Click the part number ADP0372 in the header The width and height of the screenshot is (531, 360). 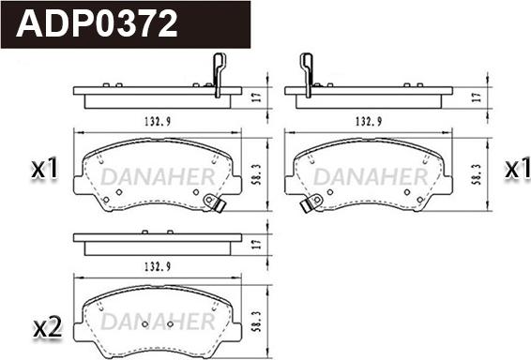pyautogui.click(x=97, y=23)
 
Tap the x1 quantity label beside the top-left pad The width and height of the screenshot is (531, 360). pyautogui.click(x=44, y=168)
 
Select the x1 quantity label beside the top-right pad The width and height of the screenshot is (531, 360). pyautogui.click(x=517, y=168)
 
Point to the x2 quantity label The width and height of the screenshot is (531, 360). pyautogui.click(x=48, y=327)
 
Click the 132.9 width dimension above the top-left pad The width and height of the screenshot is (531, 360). pyautogui.click(x=158, y=121)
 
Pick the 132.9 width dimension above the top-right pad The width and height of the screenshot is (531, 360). pyautogui.click(x=369, y=121)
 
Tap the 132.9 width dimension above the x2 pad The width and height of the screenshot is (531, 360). pyautogui.click(x=158, y=267)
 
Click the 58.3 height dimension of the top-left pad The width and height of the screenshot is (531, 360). pyautogui.click(x=257, y=174)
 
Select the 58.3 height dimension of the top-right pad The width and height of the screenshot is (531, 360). pyautogui.click(x=477, y=174)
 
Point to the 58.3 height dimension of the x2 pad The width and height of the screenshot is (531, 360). pyautogui.click(x=257, y=321)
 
